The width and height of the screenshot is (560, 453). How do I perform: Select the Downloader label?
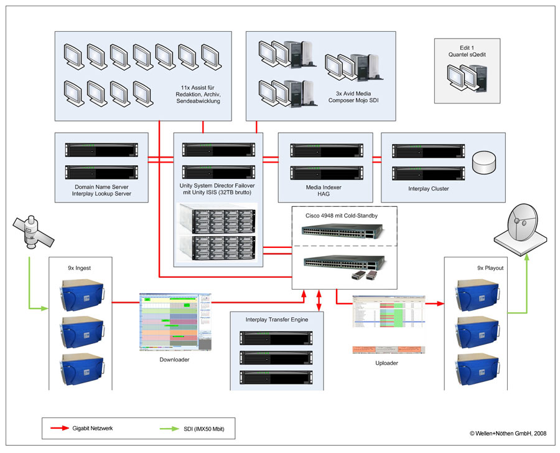169,360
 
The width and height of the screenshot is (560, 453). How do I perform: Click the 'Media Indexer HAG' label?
324,191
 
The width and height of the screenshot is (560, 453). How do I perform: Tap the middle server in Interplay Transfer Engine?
276,357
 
